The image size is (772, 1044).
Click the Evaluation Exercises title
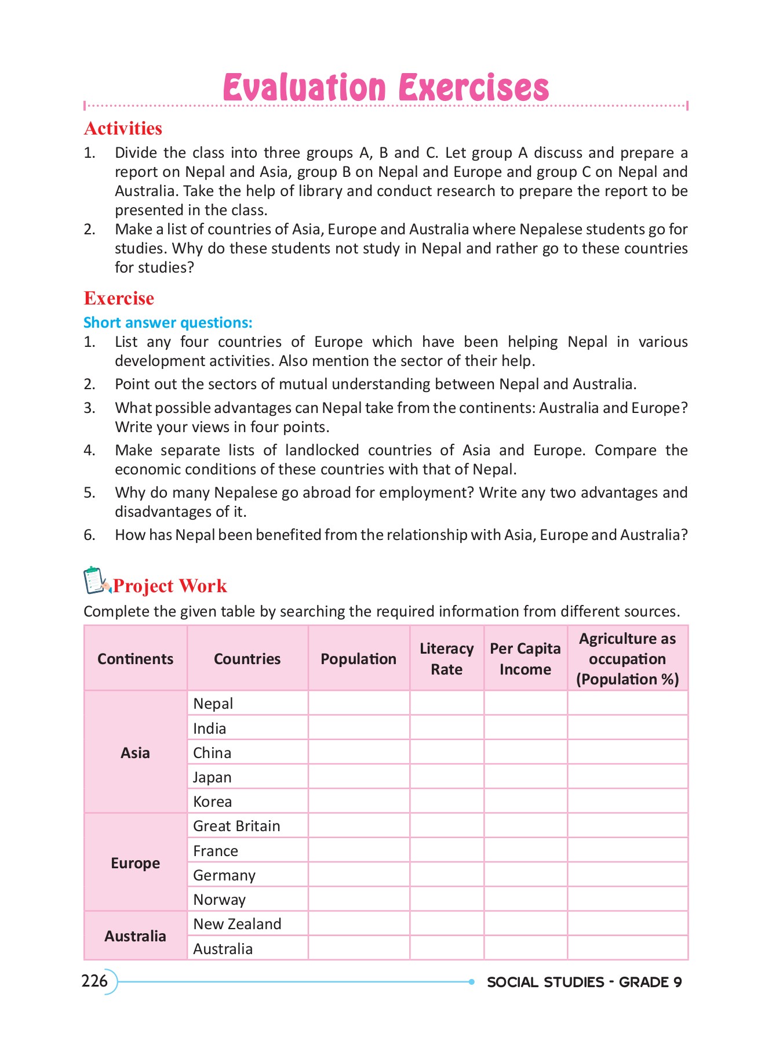coord(385,88)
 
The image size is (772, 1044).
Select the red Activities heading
coord(123,128)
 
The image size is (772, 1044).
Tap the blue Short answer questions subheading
coord(168,322)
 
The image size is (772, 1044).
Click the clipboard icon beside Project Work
coord(96,581)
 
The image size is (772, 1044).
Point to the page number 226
coord(95,981)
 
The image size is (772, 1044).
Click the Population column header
coord(358,659)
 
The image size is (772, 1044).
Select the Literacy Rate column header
coord(446,659)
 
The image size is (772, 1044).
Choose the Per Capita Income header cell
coord(525,659)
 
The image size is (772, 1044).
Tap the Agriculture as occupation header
coord(627,659)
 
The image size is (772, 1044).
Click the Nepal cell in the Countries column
coord(213,704)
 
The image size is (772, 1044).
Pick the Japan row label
coord(212,777)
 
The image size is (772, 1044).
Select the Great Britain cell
coord(236,826)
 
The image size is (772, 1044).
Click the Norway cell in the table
coord(220,900)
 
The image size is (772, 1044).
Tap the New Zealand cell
coord(237,924)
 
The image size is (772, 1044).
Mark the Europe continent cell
coord(135,863)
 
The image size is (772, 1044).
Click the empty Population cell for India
coord(358,728)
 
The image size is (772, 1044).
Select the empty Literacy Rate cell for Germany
coord(446,875)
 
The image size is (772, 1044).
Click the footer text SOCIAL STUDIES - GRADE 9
coord(584,982)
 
